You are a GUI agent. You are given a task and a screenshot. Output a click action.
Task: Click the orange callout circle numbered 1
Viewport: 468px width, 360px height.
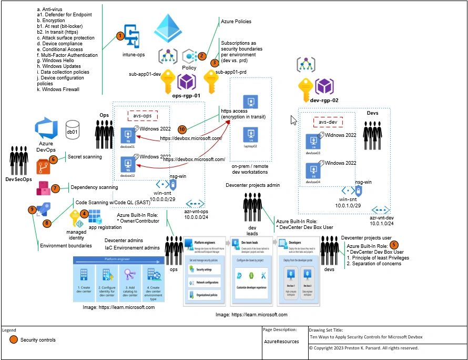point(120,36)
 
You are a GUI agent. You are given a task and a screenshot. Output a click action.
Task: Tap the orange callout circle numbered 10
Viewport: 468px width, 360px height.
point(182,129)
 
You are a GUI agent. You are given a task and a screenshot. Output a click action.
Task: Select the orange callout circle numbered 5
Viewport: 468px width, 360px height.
point(394,245)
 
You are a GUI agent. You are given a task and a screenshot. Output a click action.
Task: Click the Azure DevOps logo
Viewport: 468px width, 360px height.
point(45,129)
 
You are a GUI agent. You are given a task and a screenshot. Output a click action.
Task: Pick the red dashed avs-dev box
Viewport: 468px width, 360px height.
point(328,122)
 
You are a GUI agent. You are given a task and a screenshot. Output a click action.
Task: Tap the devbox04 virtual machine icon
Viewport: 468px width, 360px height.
point(314,172)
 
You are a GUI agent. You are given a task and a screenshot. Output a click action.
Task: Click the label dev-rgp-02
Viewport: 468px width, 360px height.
point(324,99)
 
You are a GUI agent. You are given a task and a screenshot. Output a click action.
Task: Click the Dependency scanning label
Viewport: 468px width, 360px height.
point(94,187)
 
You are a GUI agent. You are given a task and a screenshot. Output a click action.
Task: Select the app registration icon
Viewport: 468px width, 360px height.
point(95,216)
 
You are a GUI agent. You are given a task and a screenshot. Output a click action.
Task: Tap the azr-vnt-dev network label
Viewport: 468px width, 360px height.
point(382,217)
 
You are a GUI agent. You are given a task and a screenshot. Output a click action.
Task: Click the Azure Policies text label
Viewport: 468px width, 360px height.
point(236,22)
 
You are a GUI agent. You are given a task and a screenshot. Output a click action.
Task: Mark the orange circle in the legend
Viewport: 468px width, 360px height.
point(13,340)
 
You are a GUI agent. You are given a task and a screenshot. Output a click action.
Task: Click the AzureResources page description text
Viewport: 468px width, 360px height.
point(281,342)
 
